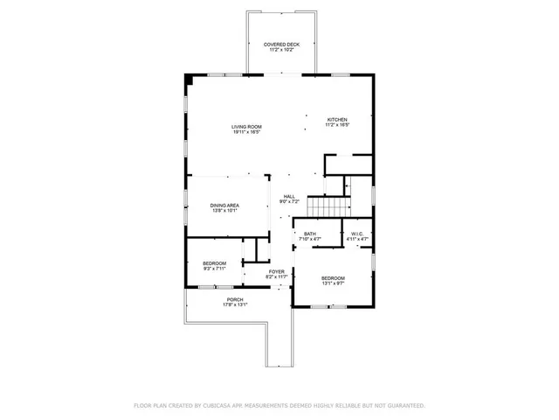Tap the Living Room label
click(246, 127)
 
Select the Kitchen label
click(337, 119)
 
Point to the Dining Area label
click(224, 205)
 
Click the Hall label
click(289, 197)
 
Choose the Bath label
click(310, 234)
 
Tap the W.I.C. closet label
click(358, 234)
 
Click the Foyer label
click(276, 271)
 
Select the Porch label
click(235, 300)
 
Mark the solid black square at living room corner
click(188, 80)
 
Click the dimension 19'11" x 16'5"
click(246, 132)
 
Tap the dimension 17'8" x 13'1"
click(235, 305)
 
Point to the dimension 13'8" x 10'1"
click(224, 210)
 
